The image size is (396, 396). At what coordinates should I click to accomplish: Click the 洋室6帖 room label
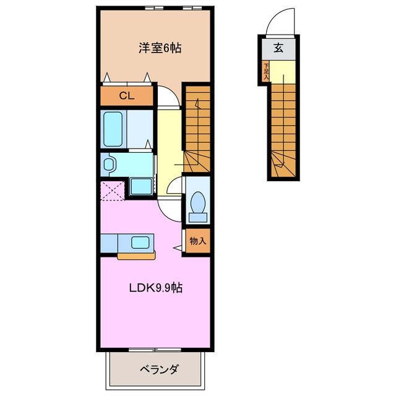pos(160,48)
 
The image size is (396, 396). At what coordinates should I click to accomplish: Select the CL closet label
pos(126,95)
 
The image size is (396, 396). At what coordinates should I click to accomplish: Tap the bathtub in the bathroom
pos(114,129)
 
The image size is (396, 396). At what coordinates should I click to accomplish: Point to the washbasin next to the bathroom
pos(110,164)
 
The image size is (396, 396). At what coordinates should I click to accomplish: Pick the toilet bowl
pos(198,204)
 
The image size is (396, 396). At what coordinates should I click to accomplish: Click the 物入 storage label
pos(197,241)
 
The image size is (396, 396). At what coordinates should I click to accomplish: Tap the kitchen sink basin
pos(140,243)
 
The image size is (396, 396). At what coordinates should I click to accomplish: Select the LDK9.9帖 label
pos(155,288)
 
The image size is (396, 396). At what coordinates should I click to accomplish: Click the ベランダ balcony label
pos(158,369)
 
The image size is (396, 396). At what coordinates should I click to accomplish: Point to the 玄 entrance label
pos(279,47)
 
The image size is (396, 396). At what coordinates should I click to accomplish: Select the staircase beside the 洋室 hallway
pos(198,127)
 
